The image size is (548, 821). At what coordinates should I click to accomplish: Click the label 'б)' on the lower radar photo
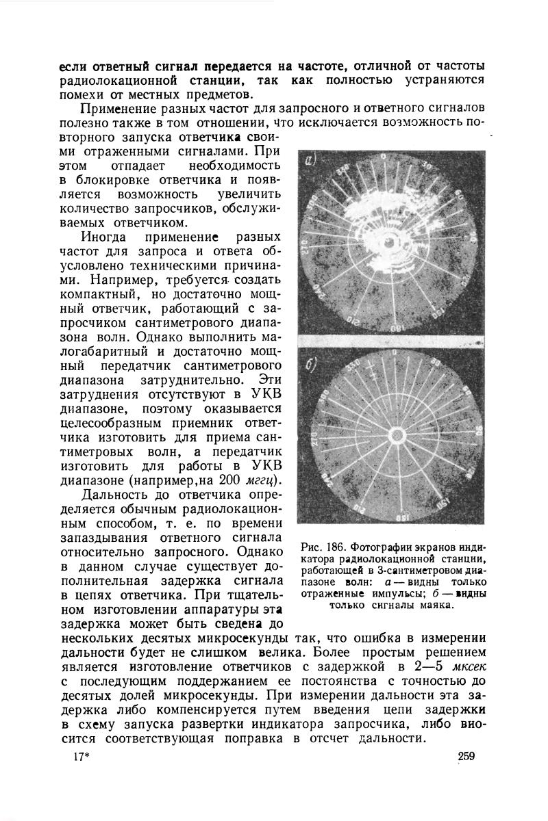(312, 363)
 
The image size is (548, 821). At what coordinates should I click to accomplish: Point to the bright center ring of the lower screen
(397, 434)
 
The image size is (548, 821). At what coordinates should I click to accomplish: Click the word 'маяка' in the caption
(439, 605)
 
